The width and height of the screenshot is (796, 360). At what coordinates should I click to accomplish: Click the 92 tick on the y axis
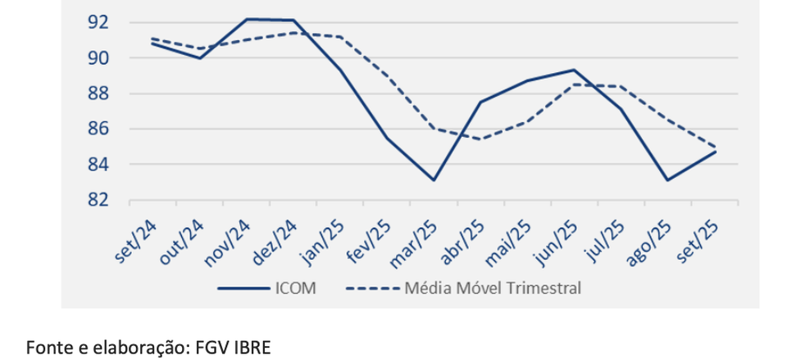tap(98, 22)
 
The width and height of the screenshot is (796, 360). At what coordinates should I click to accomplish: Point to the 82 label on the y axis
tap(98, 200)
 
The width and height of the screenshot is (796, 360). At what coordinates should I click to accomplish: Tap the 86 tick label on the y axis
tap(98, 130)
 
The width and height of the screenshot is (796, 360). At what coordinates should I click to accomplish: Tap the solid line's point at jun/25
tap(574, 70)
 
